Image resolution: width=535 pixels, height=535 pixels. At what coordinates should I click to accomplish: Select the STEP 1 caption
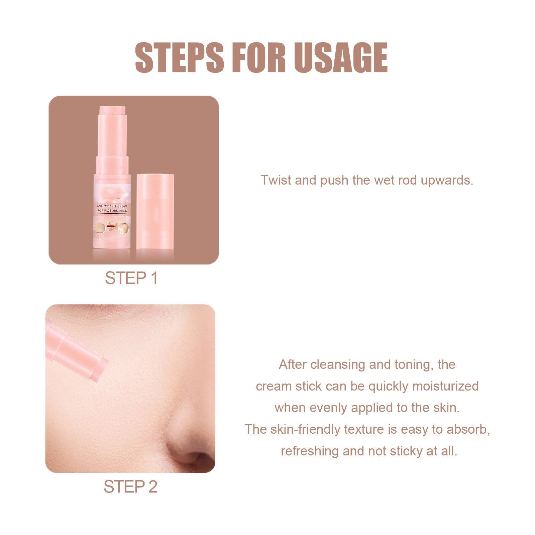click(131, 278)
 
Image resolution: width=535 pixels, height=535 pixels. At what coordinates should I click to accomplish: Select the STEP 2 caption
click(130, 487)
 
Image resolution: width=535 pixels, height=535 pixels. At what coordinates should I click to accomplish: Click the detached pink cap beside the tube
click(155, 211)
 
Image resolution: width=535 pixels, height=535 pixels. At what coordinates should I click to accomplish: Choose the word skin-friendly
click(305, 429)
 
